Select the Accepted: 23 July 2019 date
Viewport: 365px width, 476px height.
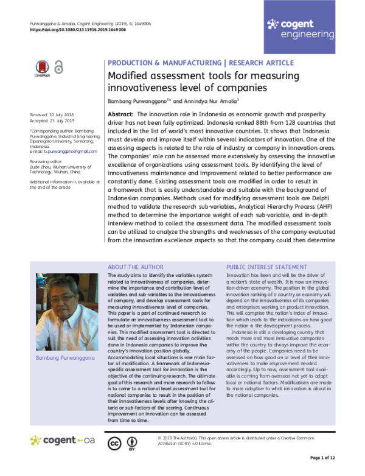[x=52, y=121]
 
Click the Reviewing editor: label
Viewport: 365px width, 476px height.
[x=47, y=161]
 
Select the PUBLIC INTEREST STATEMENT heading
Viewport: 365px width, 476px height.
[x=266, y=267]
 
